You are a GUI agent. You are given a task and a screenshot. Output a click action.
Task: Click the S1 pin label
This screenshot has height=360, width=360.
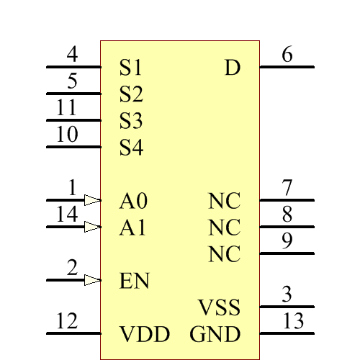coord(131,68)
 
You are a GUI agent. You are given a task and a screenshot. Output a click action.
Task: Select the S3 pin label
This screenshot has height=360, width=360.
coord(131,121)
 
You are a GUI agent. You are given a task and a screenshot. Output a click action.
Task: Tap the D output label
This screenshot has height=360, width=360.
coord(232,68)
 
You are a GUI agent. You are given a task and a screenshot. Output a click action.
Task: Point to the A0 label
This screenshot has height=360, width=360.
coord(133,200)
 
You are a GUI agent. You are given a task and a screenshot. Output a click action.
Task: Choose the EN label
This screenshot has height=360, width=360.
coord(134,280)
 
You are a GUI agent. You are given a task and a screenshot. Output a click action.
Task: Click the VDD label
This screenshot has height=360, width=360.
coord(144,334)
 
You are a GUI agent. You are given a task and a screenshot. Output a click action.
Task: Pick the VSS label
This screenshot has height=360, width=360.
coord(218,308)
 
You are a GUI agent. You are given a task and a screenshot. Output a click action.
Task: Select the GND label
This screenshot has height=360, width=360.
coord(215,334)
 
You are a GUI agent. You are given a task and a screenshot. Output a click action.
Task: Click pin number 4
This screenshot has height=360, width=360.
coord(72,55)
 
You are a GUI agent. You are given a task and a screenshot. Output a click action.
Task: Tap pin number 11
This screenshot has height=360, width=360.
coord(67,108)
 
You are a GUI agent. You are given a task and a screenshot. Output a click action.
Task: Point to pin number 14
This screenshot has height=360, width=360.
coord(67,215)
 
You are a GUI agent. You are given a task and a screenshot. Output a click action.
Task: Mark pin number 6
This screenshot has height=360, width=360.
coord(287,55)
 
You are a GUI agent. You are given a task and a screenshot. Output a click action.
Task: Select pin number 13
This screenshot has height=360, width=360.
coord(294,321)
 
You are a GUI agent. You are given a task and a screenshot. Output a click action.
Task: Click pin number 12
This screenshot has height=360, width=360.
coord(67,321)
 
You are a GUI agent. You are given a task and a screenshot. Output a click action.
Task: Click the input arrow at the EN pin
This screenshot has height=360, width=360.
coord(91,279)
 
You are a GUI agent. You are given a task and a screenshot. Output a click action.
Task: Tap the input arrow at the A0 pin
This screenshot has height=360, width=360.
coord(91,199)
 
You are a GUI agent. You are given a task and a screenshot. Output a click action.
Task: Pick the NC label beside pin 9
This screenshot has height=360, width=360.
coord(224,254)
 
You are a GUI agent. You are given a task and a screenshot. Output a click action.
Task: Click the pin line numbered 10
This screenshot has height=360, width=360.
coord(73,148)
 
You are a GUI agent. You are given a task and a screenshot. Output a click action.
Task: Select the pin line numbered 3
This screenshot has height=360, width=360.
coord(287,307)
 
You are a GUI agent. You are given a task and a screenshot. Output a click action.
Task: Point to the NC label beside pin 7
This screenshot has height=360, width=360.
coord(224,201)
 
